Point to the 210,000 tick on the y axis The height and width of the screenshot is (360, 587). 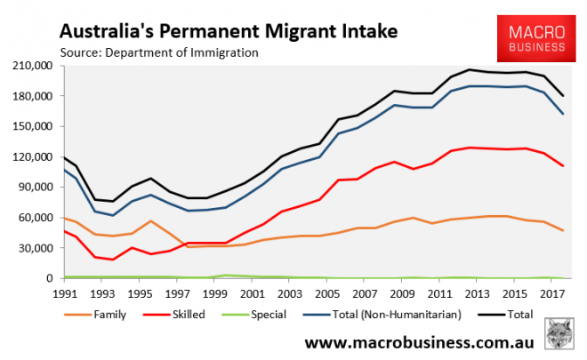click(31, 66)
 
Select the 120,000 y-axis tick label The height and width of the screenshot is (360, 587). click(31, 157)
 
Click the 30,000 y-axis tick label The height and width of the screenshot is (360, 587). click(34, 248)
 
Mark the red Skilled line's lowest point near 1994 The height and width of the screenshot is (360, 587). click(113, 260)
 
